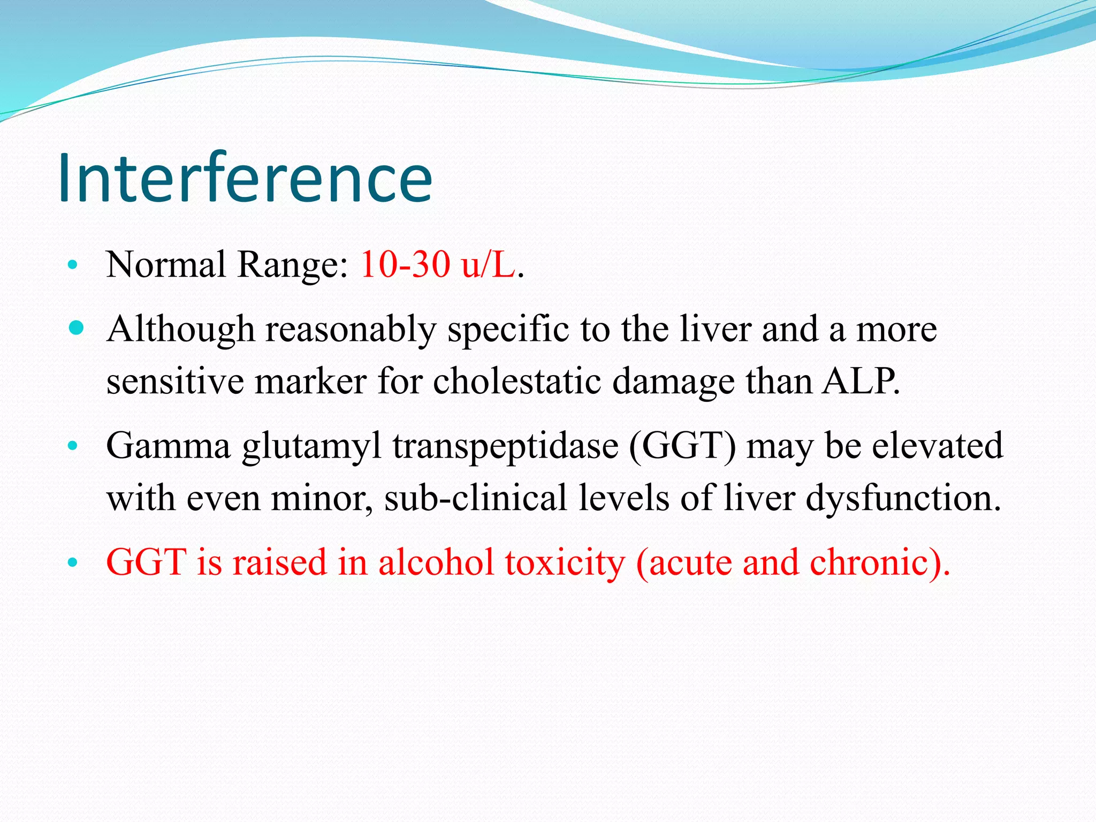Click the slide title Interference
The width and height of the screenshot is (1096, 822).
coord(245,178)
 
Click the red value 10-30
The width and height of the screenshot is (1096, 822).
coord(405,264)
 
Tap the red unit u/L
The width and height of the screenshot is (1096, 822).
coord(488,264)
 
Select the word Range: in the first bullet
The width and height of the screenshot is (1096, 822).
coord(293,265)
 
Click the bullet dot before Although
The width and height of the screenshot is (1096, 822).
coord(77,328)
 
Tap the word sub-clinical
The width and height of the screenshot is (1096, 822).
coord(475,498)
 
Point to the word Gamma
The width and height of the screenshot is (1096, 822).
coord(168,445)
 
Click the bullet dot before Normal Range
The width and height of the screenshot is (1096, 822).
coord(73,264)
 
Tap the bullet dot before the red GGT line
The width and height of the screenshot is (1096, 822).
coord(73,563)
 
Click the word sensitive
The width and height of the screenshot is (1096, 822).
coord(174,382)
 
